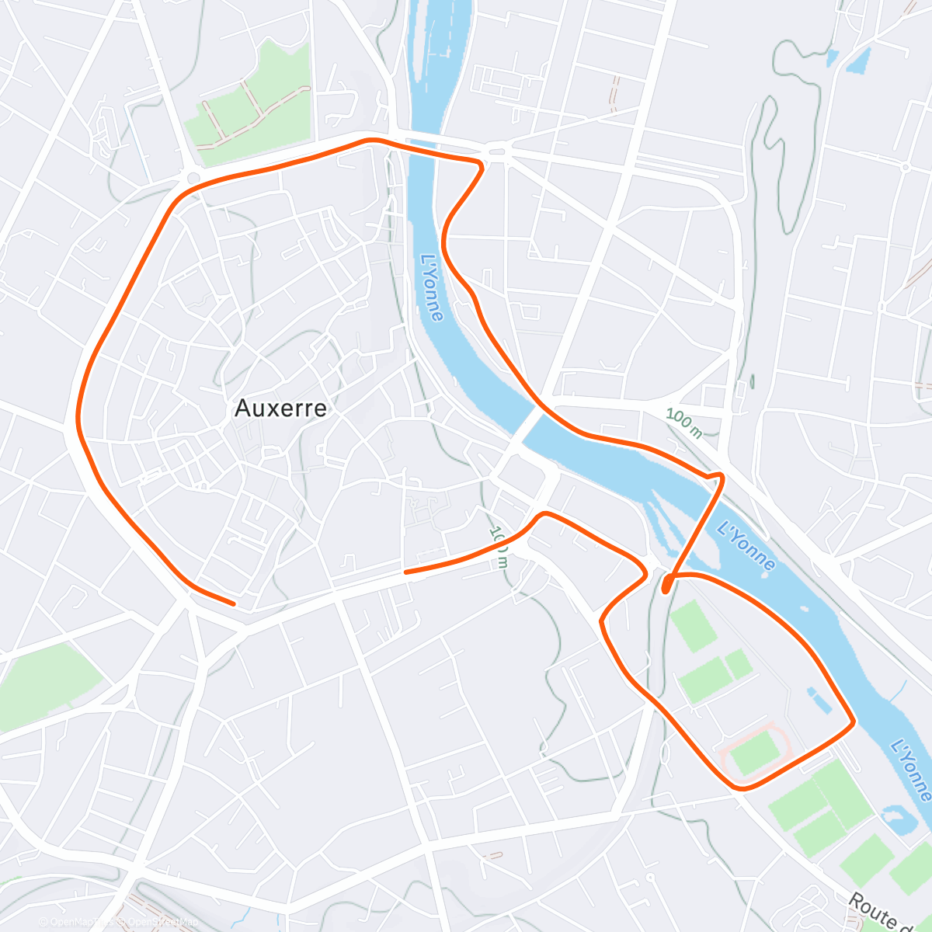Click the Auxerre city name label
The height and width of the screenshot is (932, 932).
(280, 409)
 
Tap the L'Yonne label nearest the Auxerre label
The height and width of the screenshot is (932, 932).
(432, 287)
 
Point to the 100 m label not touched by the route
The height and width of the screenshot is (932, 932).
(683, 423)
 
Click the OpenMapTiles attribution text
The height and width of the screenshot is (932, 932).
(75, 922)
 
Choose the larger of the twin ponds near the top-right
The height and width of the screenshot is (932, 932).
(858, 61)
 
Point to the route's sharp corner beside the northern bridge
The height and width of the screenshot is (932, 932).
(482, 165)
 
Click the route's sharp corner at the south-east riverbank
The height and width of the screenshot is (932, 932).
(854, 722)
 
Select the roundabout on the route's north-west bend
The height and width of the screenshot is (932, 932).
(193, 179)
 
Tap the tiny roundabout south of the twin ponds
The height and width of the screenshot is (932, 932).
(905, 167)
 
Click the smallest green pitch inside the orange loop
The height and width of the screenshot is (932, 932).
(738, 664)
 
